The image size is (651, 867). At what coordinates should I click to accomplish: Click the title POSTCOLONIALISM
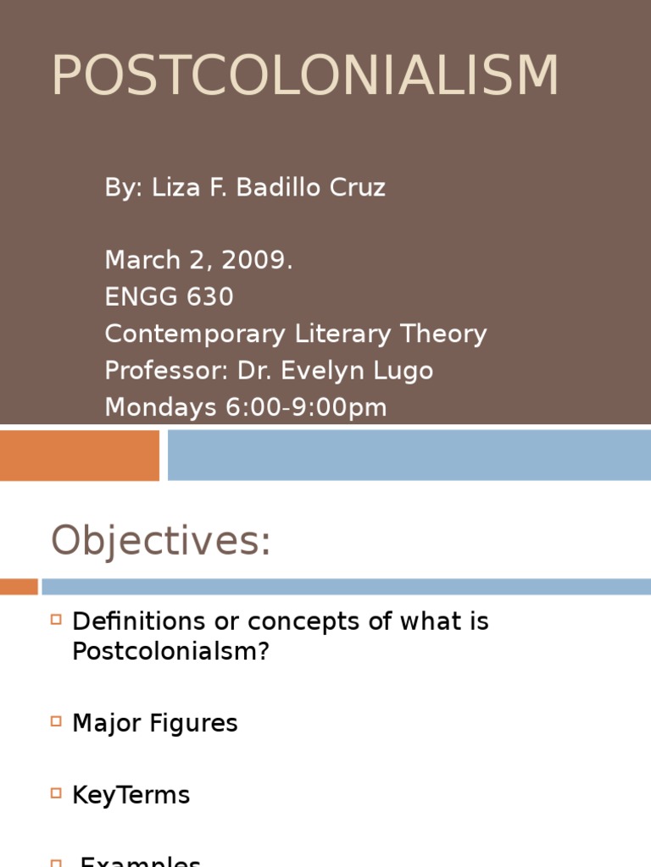click(305, 76)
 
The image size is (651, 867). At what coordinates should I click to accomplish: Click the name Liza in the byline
click(173, 187)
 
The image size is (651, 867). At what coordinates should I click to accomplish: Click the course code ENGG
click(136, 297)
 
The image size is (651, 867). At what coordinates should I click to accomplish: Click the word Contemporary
click(194, 334)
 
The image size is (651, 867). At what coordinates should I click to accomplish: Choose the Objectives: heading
click(161, 540)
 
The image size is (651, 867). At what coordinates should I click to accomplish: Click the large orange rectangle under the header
click(79, 455)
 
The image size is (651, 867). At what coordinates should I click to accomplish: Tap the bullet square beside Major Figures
click(57, 721)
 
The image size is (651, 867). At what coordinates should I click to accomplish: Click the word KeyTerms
click(131, 795)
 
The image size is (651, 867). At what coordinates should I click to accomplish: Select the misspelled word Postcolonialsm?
click(170, 652)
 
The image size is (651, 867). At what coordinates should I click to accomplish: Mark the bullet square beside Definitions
click(57, 620)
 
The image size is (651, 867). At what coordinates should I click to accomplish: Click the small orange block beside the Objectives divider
click(19, 586)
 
